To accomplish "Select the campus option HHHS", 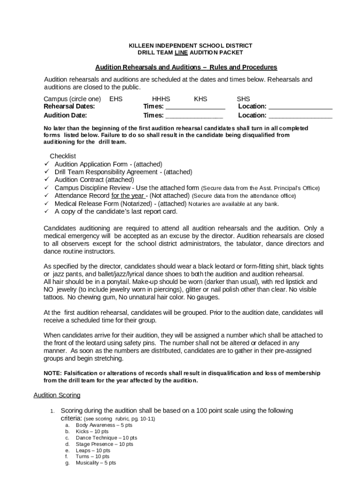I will coord(161,99).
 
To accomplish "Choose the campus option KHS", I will coord(201,99).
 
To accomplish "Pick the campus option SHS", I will coord(243,99).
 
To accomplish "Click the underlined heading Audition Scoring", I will coord(57,395).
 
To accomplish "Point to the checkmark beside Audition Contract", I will coord(47,180).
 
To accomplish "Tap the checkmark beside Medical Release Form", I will coord(47,203).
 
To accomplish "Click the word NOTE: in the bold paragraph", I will coord(52,373).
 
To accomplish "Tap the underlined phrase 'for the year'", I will coord(128,196).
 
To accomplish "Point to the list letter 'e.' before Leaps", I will coord(67,450).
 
